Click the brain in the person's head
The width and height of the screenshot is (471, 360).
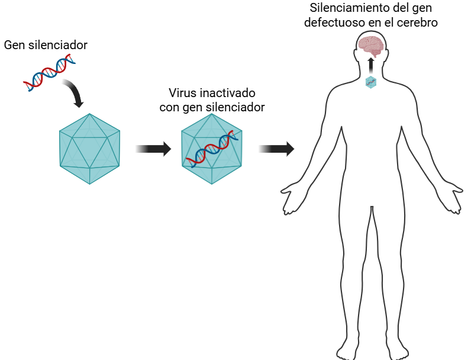tap(371, 45)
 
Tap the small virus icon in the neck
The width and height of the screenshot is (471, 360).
tap(371, 82)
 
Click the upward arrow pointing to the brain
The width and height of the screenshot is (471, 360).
tap(371, 65)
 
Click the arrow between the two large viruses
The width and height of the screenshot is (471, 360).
tap(153, 149)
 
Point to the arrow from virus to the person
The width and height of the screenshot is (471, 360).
tap(276, 149)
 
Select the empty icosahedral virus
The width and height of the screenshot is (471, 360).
tap(89, 148)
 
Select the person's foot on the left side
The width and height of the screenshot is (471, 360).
tap(346, 349)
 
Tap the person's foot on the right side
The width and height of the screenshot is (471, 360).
tap(396, 349)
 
